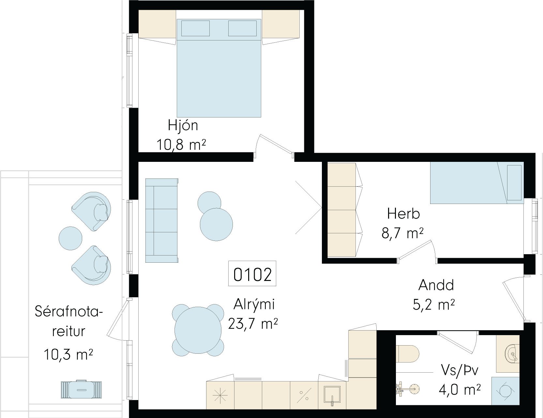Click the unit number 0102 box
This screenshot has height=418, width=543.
point(252,274)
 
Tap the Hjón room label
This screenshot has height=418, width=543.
point(183,126)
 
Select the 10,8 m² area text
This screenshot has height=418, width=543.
point(181,144)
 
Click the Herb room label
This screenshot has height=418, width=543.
point(403,214)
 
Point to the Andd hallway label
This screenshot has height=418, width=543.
point(436,285)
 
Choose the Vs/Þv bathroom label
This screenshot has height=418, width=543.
point(459,371)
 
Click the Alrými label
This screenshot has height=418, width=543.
point(254,304)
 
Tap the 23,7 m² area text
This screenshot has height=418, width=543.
point(253,324)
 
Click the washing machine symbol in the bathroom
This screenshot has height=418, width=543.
point(505,391)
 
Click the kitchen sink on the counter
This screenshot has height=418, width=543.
point(332,395)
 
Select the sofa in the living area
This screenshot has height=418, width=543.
point(162,221)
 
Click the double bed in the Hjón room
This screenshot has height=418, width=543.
point(219,68)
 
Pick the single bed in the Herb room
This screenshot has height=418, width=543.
point(477,182)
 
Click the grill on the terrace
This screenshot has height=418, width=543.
point(81,389)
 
